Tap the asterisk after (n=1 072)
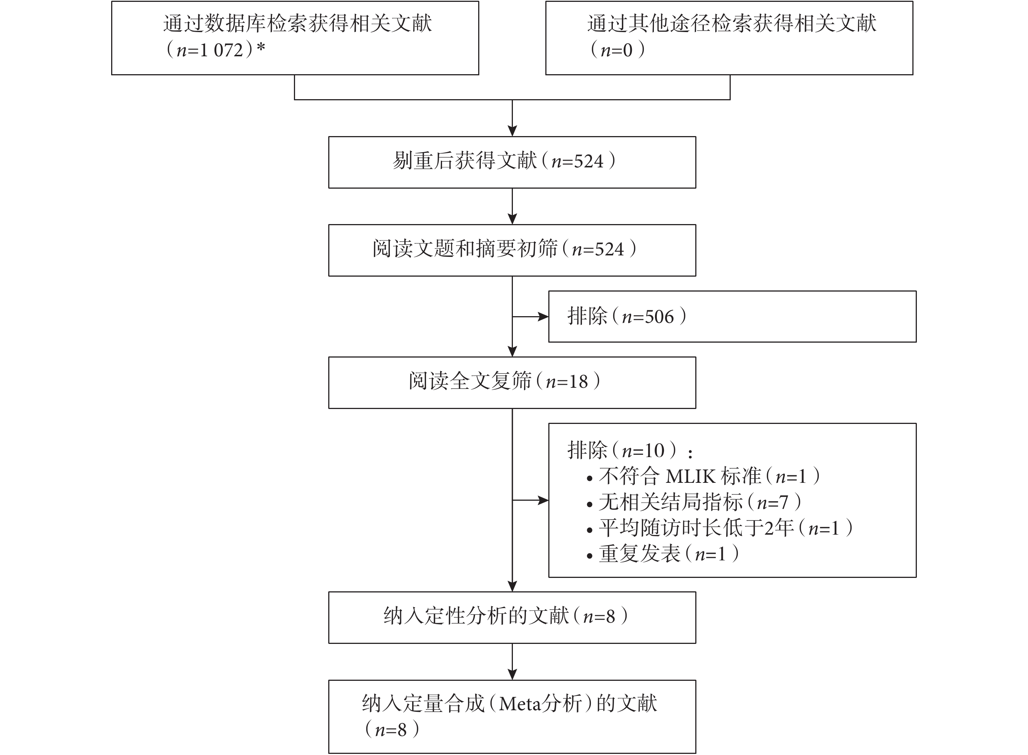(x=260, y=47)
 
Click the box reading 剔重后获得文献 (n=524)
(x=512, y=162)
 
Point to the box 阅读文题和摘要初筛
(x=512, y=250)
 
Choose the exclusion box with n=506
(x=732, y=316)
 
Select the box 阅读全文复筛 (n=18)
(x=512, y=383)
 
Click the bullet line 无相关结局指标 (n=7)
(x=694, y=502)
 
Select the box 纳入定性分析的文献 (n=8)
(x=512, y=617)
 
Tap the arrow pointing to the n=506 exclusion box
(x=530, y=316)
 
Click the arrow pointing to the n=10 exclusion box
(x=530, y=500)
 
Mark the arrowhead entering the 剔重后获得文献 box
(x=513, y=131)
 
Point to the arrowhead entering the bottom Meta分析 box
(x=513, y=674)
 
